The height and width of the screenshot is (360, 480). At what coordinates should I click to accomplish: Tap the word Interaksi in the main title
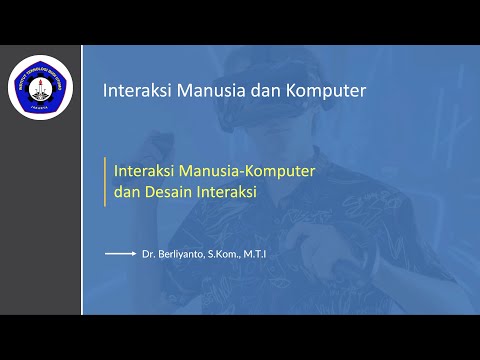(138, 91)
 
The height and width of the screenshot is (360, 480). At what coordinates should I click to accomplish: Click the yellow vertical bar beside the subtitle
(105, 182)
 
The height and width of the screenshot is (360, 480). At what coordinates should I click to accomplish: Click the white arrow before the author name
(120, 254)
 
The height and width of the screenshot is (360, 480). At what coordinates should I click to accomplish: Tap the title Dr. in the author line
(149, 255)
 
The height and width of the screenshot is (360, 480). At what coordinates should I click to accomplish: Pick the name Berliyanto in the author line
(181, 255)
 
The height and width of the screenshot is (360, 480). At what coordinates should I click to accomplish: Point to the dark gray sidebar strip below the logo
(40, 220)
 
